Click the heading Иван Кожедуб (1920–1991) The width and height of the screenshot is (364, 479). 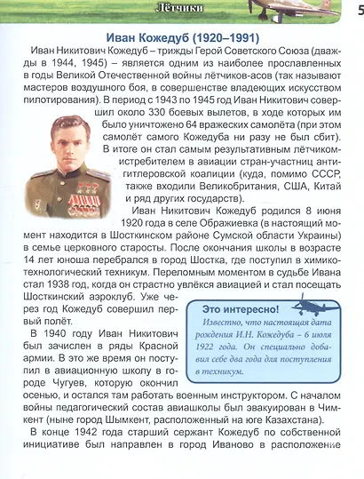[181, 38]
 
